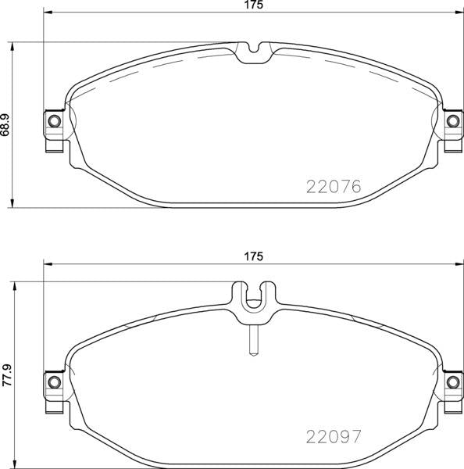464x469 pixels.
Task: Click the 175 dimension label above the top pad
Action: pos(252,5)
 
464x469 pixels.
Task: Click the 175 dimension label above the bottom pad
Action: pos(252,256)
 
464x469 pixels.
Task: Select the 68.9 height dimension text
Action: pos(5,124)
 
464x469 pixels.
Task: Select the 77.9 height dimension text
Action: pos(5,374)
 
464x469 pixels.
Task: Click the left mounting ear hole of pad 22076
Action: pos(53,121)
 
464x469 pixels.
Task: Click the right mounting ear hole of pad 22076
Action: pos(452,121)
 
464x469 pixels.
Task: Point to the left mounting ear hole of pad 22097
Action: pos(53,381)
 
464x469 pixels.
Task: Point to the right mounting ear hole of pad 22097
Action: pos(452,381)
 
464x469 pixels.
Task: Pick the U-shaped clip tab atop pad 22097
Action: pos(252,301)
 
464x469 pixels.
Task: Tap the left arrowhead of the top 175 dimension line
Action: pos(46,13)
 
